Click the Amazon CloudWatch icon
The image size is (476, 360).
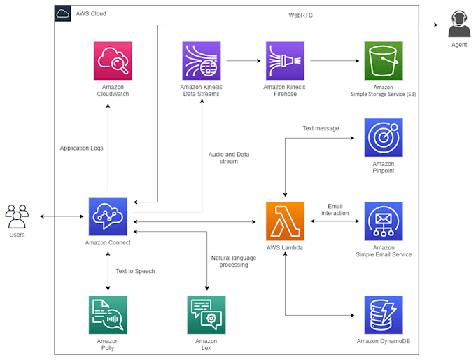point(113,61)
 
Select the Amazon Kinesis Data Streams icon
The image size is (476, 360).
point(202,61)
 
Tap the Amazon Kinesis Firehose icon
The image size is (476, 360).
point(284,61)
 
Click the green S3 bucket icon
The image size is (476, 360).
point(384,61)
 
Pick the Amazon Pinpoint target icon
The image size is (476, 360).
point(384,137)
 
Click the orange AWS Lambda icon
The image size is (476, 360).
point(285,221)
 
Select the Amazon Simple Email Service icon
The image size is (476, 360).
point(384,221)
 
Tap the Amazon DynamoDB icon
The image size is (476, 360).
point(384,314)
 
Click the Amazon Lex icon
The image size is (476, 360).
point(206,314)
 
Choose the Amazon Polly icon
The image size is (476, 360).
point(108,314)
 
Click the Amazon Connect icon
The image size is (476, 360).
point(108,216)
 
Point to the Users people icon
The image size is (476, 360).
point(17,216)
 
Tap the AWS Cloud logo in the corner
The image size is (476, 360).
point(62,13)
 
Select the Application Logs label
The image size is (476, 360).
point(81,148)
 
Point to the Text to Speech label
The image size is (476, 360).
point(135,271)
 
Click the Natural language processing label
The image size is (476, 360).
point(234,261)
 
